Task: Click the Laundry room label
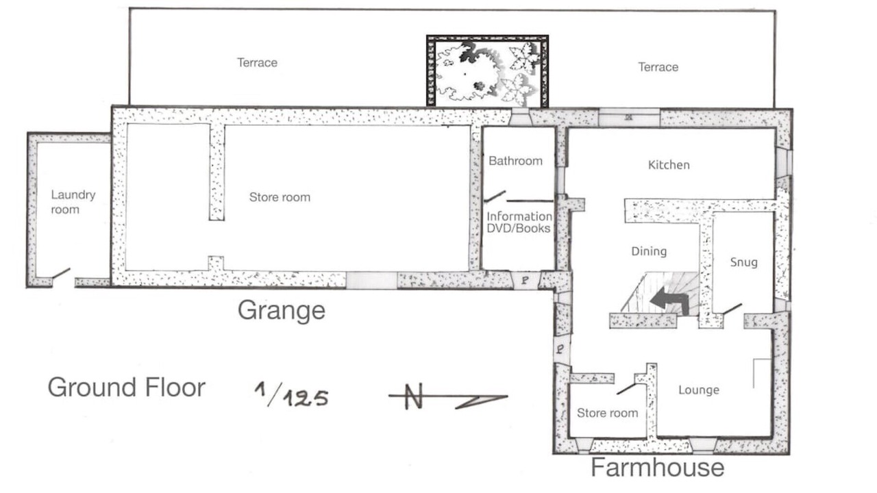pos(73,202)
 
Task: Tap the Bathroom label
pos(516,161)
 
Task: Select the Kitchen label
pos(669,165)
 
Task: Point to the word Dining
pos(649,251)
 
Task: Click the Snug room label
pos(743,262)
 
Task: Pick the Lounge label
pos(699,390)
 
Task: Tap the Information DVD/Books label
pos(519,223)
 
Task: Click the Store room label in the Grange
pos(280,197)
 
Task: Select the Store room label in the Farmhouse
pos(607,413)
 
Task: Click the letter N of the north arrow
pos(414,396)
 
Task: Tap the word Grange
pos(281,310)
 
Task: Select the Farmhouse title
pos(657,467)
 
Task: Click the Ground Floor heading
pos(127,387)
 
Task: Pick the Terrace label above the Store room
pos(257,62)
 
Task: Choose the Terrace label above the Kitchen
pos(658,67)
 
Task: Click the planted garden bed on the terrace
pos(487,71)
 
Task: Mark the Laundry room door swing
pos(61,273)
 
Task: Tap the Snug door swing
pos(732,309)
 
